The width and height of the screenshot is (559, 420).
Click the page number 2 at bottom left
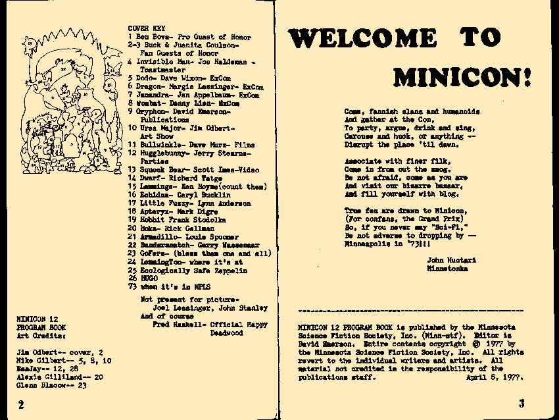(x=21, y=404)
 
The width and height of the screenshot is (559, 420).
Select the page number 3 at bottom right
(x=521, y=404)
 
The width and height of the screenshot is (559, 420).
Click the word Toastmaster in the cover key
(x=162, y=69)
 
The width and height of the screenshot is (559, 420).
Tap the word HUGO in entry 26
(x=152, y=278)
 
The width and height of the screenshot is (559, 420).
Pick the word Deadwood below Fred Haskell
(x=226, y=332)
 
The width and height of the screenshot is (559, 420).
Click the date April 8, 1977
(x=494, y=378)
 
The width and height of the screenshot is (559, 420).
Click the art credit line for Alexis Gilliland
(x=59, y=377)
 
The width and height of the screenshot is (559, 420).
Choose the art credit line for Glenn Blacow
(x=51, y=386)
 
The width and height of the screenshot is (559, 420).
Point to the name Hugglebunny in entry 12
(x=166, y=153)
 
